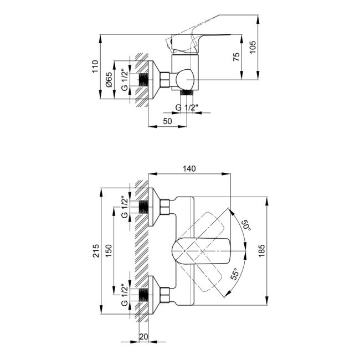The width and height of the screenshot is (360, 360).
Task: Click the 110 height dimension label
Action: coord(95,67)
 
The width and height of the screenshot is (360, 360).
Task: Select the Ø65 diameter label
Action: coord(110,80)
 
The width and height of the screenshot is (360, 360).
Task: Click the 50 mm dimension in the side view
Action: coord(167,121)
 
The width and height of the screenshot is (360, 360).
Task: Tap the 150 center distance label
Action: coord(110,251)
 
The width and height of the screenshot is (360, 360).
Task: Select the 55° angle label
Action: coord(235,275)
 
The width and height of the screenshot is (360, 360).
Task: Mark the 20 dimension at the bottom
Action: coord(143,336)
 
